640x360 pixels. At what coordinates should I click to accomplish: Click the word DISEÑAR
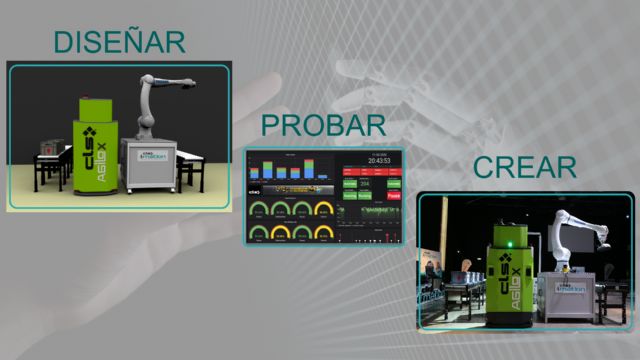[120, 42]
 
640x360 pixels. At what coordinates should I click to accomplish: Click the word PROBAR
[323, 126]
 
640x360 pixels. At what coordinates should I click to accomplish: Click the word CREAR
[525, 167]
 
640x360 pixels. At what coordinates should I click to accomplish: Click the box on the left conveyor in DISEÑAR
[45, 149]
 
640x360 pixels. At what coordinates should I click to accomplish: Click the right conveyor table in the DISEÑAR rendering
[190, 165]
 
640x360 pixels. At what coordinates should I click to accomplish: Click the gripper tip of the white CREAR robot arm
[603, 243]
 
